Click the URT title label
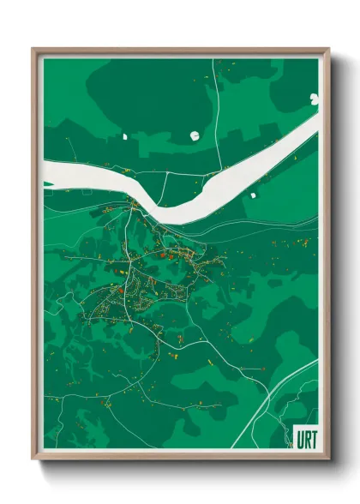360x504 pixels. (x=305, y=437)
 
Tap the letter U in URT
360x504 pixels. (x=299, y=437)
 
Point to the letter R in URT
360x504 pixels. (x=306, y=437)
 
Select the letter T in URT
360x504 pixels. (x=313, y=437)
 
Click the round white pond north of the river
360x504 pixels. (x=194, y=135)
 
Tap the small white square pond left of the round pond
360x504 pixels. (x=124, y=135)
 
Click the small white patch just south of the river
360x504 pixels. (x=253, y=195)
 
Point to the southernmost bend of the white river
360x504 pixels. (x=171, y=217)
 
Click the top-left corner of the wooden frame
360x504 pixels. (x=33, y=49)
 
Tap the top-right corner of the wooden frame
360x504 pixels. (x=329, y=49)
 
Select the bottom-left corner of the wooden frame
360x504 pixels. (x=33, y=459)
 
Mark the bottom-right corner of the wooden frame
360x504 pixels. (x=329, y=459)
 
